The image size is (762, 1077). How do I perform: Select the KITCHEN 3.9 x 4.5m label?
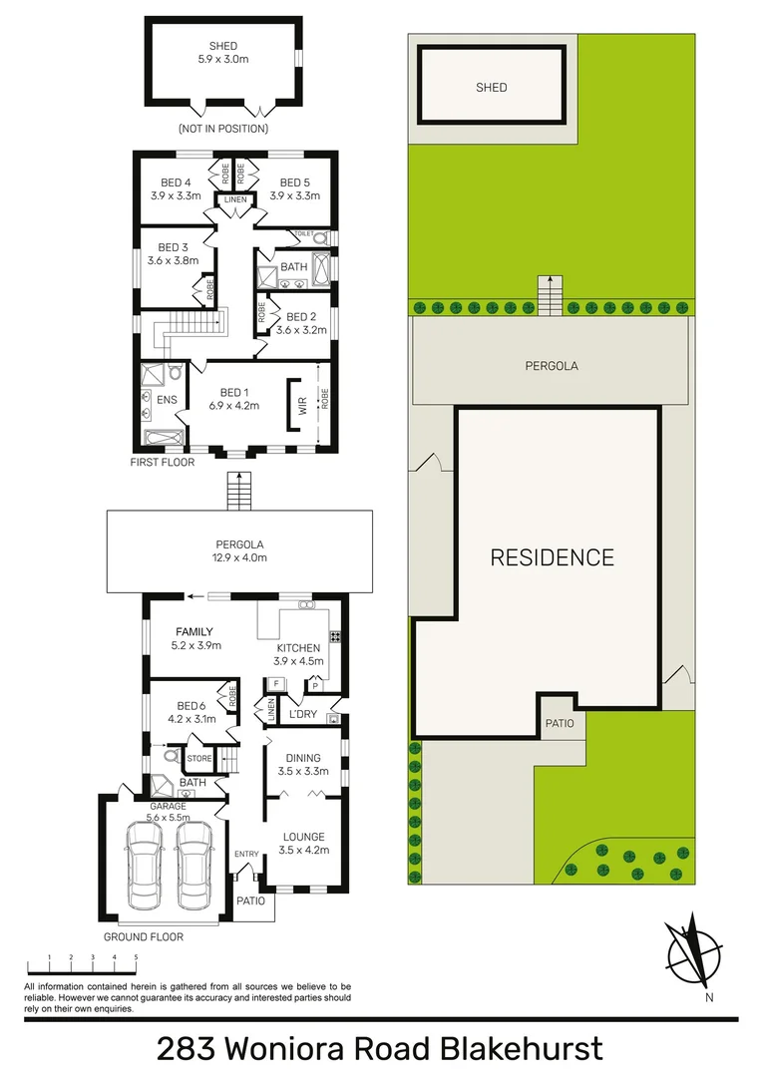(x=298, y=654)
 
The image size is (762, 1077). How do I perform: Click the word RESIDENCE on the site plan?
(x=552, y=556)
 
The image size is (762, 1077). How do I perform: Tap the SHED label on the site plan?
(x=491, y=88)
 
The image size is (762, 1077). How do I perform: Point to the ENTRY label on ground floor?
(x=245, y=855)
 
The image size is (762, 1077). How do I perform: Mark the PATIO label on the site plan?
(x=559, y=723)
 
